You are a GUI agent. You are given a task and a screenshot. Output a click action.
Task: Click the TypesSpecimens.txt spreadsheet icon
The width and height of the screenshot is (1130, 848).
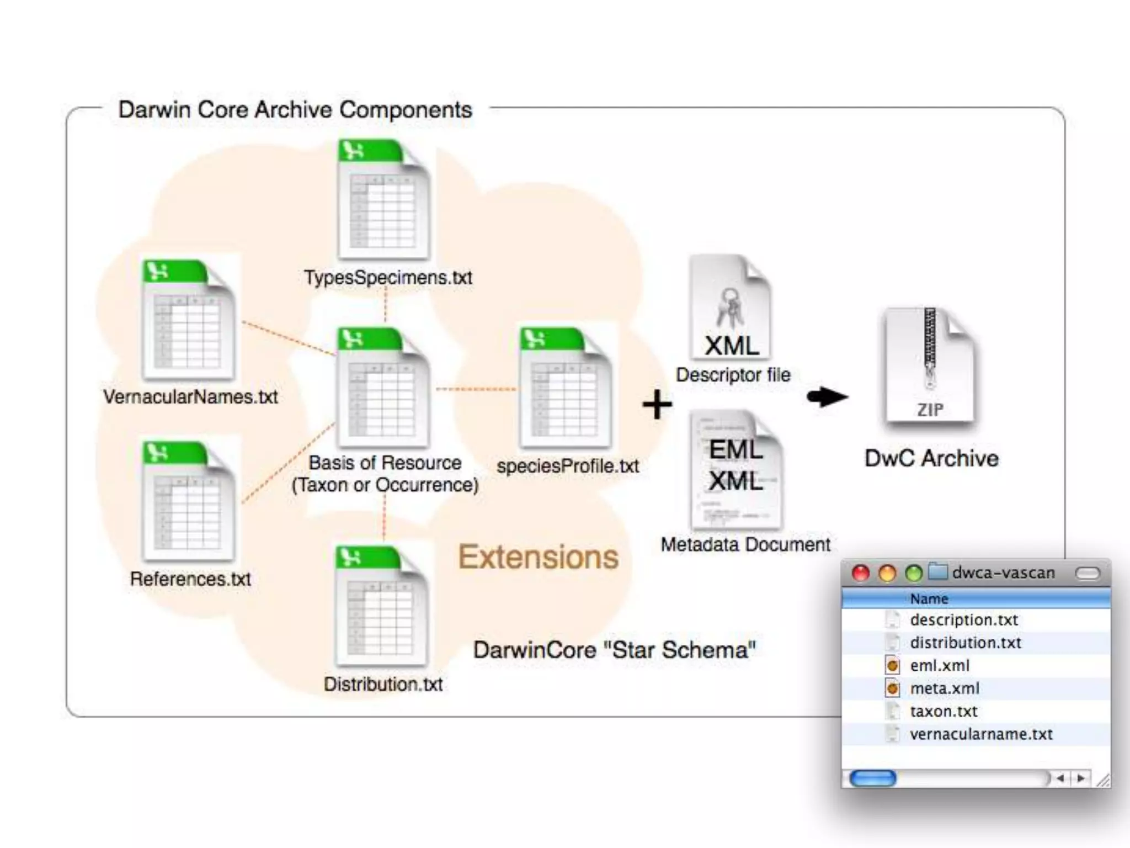click(x=384, y=199)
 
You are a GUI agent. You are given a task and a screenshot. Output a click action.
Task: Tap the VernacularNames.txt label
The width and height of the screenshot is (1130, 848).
click(x=190, y=397)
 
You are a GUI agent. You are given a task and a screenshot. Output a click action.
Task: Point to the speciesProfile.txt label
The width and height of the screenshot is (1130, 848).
click(x=568, y=466)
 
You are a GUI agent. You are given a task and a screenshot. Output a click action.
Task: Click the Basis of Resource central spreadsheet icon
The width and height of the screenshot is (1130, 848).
click(x=384, y=387)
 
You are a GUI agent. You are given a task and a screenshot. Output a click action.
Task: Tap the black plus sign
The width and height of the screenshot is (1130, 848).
click(x=657, y=404)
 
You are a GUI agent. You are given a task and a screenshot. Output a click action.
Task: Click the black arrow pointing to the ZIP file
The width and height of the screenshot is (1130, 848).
click(x=827, y=396)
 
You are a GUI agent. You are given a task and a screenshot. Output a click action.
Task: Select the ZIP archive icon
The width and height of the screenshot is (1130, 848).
click(x=930, y=365)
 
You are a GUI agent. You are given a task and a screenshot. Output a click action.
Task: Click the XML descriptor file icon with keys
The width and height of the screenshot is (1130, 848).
click(x=731, y=307)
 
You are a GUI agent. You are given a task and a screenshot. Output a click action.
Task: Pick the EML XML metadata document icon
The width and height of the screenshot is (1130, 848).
click(x=736, y=469)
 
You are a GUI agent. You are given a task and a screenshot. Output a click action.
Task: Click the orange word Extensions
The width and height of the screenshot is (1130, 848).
click(x=538, y=556)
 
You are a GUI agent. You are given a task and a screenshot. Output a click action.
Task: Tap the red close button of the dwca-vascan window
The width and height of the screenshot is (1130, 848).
click(x=861, y=573)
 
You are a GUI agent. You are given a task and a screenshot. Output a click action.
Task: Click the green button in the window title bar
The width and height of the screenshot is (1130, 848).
click(x=914, y=573)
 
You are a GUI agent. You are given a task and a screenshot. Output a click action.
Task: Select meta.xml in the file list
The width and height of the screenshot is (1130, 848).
click(x=945, y=688)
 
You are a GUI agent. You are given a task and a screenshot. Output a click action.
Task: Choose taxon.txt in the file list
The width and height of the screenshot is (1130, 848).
click(x=944, y=711)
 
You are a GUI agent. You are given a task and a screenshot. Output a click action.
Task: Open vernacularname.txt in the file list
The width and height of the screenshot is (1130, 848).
click(x=981, y=734)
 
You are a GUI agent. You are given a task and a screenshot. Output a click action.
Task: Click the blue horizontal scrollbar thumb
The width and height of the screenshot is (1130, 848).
click(x=873, y=778)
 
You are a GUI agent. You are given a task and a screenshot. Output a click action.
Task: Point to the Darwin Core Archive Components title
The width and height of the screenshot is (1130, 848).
click(x=295, y=110)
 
